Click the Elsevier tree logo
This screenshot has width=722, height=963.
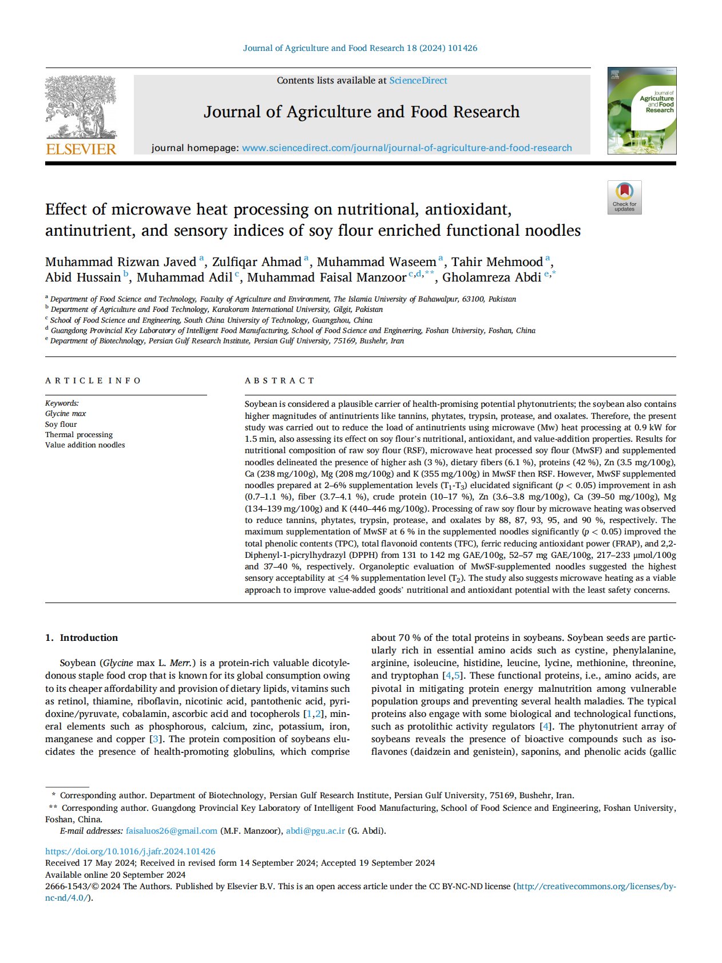coord(81,107)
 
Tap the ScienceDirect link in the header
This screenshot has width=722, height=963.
coord(418,81)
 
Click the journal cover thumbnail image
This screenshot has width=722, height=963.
coord(641,110)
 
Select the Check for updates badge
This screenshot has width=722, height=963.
coord(624,197)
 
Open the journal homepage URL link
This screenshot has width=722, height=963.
coord(407,148)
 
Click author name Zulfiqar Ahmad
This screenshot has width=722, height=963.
coord(256,262)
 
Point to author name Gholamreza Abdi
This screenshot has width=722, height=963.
coord(491,278)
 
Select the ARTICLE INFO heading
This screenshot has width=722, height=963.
coord(93,381)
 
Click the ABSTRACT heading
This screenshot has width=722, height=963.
coord(280,381)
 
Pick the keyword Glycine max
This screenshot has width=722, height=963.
coord(66,414)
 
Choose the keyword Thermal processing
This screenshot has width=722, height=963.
coord(79,435)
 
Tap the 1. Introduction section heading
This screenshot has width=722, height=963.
coord(81,637)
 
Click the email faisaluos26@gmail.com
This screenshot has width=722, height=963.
coord(172,831)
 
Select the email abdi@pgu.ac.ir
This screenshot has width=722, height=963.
coord(315,831)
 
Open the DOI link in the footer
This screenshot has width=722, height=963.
coord(130,851)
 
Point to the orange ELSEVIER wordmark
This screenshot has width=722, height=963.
coord(81,149)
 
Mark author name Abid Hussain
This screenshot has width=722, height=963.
coord(83,278)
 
